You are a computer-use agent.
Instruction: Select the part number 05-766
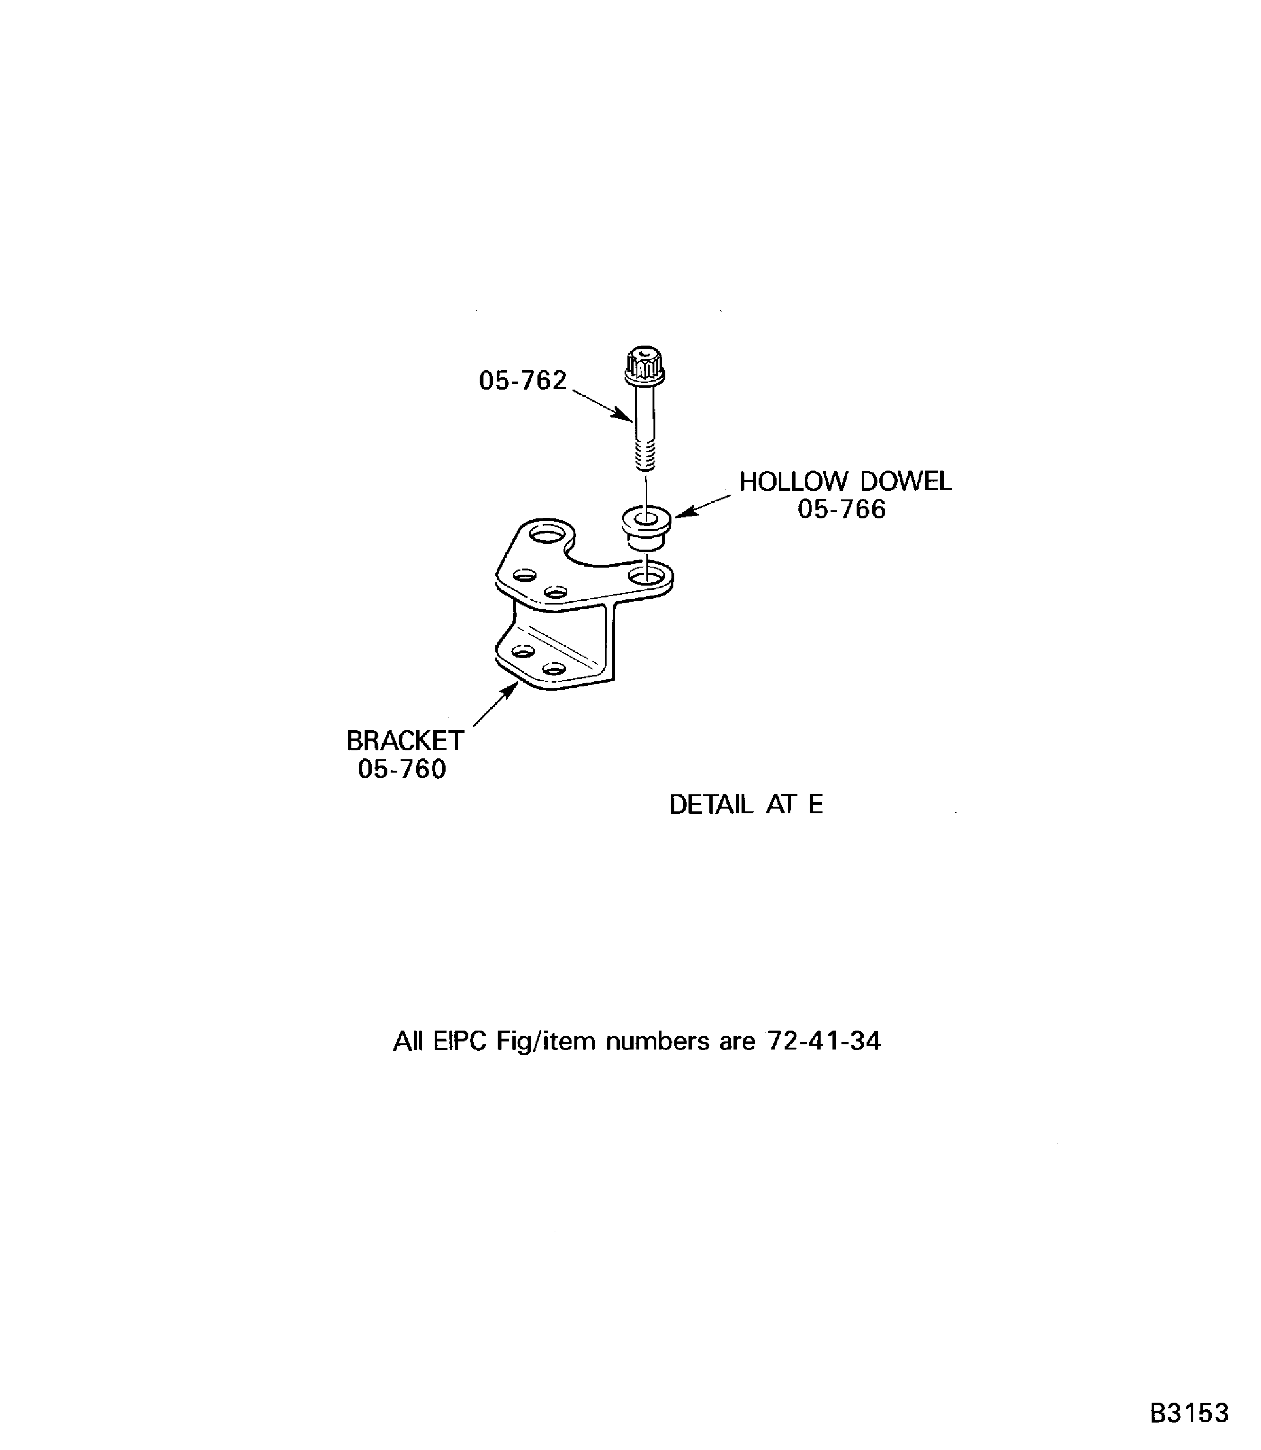[841, 509]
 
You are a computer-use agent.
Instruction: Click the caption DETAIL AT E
[745, 804]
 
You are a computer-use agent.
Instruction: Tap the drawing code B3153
[1189, 1413]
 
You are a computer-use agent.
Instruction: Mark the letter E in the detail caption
[815, 804]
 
